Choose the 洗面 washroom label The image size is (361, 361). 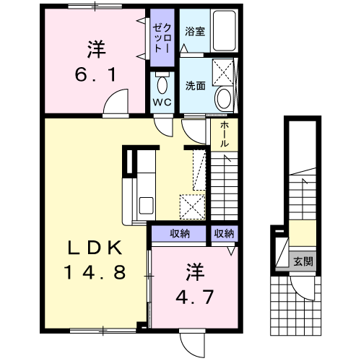[x=195, y=85]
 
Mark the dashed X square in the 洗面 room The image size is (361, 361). [x=225, y=72]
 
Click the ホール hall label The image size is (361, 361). [x=225, y=134]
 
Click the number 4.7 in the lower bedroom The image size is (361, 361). [x=196, y=296]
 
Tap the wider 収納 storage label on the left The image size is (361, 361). [x=180, y=233]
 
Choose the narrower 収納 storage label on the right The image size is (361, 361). [x=224, y=233]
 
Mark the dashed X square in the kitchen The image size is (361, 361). [x=193, y=206]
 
